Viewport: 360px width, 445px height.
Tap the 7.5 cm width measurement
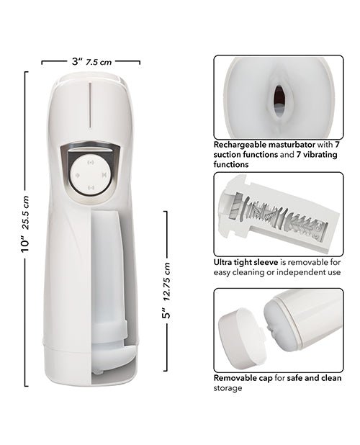(99, 63)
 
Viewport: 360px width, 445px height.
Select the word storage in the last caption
(228, 388)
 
